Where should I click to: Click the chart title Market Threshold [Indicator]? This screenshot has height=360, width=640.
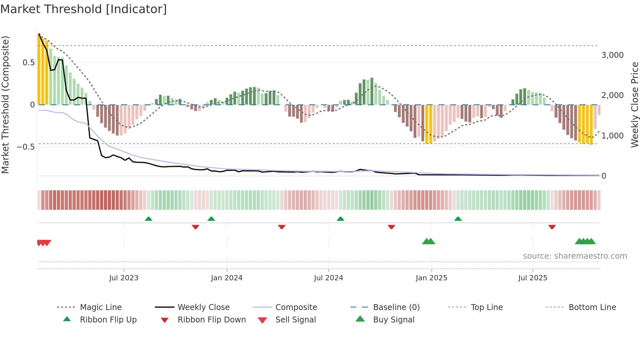(84, 9)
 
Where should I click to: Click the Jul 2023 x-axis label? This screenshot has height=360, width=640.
(124, 278)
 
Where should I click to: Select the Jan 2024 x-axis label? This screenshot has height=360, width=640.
(227, 278)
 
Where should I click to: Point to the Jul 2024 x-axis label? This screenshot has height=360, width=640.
(328, 278)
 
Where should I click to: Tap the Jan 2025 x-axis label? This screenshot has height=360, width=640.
(431, 278)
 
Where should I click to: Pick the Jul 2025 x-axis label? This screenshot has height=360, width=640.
(533, 278)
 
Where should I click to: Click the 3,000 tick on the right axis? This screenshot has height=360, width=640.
(612, 55)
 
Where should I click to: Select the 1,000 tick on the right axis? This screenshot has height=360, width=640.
(612, 136)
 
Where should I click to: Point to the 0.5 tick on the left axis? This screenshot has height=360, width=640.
(29, 63)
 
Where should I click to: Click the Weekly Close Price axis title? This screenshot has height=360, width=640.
(634, 105)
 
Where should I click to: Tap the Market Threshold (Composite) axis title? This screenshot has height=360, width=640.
(5, 105)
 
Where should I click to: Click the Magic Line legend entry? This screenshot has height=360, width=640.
(101, 307)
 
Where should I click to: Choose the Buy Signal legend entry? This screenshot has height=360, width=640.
(393, 320)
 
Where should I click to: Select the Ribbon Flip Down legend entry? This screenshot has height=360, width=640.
(211, 320)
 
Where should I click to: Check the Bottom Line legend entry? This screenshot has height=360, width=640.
(592, 307)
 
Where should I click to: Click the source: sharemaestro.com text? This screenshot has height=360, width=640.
(575, 256)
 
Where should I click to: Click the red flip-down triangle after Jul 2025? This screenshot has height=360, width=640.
(552, 227)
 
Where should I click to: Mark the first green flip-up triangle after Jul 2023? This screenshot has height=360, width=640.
(149, 219)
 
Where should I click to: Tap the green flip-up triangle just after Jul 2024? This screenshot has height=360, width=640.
(341, 219)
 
